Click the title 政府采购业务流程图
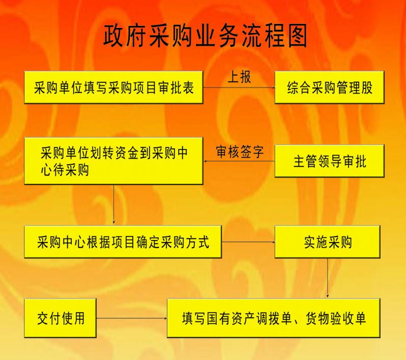tap(206, 36)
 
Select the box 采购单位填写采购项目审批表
tap(113, 87)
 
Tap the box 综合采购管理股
tap(330, 87)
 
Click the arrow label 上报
tap(239, 77)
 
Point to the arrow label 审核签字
tap(240, 152)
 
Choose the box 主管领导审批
tap(330, 161)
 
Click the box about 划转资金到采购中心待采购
tap(113, 161)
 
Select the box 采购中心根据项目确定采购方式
tap(123, 242)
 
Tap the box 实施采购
tap(328, 242)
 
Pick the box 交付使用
tap(61, 318)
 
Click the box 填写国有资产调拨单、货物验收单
tap(274, 318)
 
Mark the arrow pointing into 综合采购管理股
tap(239, 87)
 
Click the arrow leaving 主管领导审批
tap(239, 161)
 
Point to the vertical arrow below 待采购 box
tap(113, 204)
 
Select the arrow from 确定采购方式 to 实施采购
tap(248, 242)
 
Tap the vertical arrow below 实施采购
tap(328, 278)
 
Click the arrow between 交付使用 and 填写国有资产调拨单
tap(132, 318)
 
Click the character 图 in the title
tap(298, 36)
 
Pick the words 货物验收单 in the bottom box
tap(336, 318)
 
